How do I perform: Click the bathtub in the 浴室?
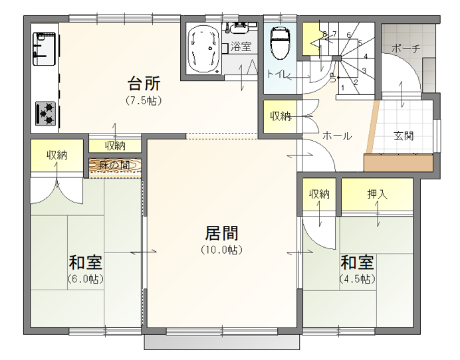[203, 50]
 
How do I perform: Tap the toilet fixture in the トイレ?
[280, 43]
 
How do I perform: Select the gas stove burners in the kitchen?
[45, 114]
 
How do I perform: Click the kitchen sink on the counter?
[44, 49]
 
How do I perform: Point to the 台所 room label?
[144, 83]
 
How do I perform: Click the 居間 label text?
[221, 232]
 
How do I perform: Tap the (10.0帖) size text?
[222, 250]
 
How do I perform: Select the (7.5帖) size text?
[144, 101]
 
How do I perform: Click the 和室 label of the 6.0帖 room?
[85, 262]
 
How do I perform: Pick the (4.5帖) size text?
[358, 278]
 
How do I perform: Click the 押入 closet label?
[378, 194]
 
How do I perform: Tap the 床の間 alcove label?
[115, 165]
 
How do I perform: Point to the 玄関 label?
[403, 136]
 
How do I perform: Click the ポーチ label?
[405, 48]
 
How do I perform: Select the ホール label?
[337, 136]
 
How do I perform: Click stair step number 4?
[366, 56]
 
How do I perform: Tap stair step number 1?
[342, 88]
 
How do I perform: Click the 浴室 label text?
[241, 46]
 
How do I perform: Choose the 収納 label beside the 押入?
[319, 194]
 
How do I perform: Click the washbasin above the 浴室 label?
[240, 28]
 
